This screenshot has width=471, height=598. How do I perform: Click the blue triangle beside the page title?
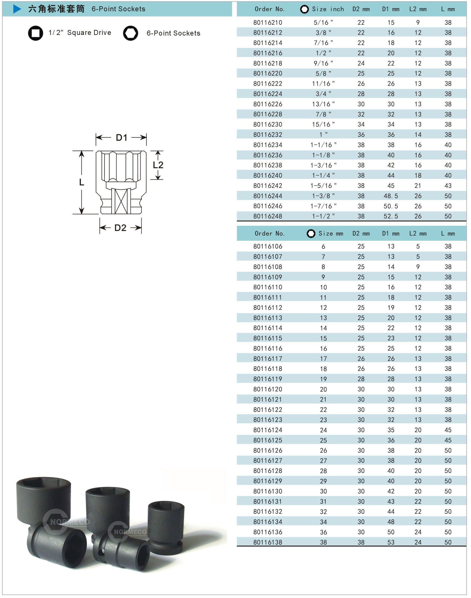17,9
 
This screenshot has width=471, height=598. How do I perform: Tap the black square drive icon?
36,33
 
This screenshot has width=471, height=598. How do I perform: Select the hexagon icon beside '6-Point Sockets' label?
131,33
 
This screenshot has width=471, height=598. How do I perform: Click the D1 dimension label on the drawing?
122,137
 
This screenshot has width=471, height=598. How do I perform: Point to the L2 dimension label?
158,165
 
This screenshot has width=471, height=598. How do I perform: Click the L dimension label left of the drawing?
82,182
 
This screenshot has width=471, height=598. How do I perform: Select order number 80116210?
268,22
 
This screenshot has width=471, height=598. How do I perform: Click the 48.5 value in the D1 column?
391,196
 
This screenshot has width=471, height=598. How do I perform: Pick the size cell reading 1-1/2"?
323,216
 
